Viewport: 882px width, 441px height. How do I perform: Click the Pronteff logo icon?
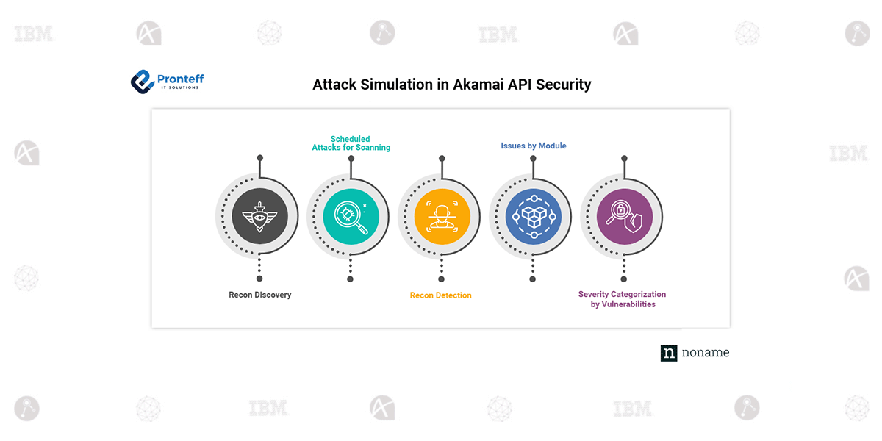click(141, 81)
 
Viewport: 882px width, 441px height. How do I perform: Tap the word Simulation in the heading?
click(396, 85)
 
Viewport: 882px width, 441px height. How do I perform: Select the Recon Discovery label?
click(259, 295)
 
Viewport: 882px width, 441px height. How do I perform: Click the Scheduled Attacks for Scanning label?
click(351, 143)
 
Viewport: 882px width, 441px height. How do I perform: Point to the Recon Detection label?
click(440, 295)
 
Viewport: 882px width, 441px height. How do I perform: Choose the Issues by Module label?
click(534, 146)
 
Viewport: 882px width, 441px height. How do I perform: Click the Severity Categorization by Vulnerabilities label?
click(623, 299)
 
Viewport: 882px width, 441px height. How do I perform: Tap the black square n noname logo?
click(669, 353)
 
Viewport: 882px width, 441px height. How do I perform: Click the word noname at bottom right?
click(706, 353)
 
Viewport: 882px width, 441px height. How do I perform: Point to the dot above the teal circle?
click(351, 158)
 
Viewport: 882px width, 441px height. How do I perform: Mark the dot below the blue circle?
click(533, 279)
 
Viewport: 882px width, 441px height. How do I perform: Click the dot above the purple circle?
click(624, 158)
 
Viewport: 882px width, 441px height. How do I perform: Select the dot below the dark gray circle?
click(259, 279)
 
